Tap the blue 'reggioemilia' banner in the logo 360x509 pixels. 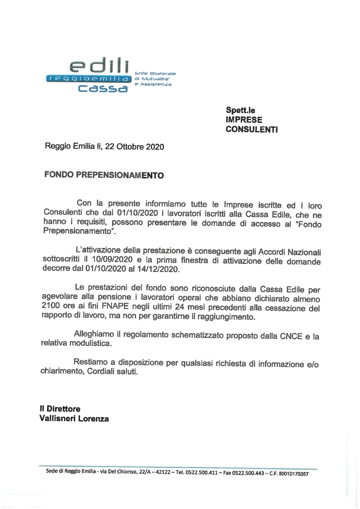pyautogui.click(x=89, y=79)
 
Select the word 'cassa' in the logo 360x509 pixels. pyautogui.click(x=103, y=89)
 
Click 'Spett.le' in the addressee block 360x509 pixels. pyautogui.click(x=240, y=110)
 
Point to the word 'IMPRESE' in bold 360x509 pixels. pyautogui.click(x=244, y=120)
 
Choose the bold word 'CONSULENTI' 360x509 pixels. pyautogui.click(x=252, y=129)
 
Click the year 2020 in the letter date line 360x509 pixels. pyautogui.click(x=155, y=147)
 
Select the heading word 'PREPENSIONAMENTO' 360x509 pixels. pyautogui.click(x=120, y=175)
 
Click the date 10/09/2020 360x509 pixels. pyautogui.click(x=112, y=259)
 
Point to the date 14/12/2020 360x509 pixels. pyautogui.click(x=158, y=269)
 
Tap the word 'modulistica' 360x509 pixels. pyautogui.click(x=90, y=343)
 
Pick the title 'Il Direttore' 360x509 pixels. pyautogui.click(x=60, y=409)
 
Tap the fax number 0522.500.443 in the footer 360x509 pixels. pyautogui.click(x=248, y=473)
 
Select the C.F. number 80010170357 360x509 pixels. pyautogui.click(x=293, y=474)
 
